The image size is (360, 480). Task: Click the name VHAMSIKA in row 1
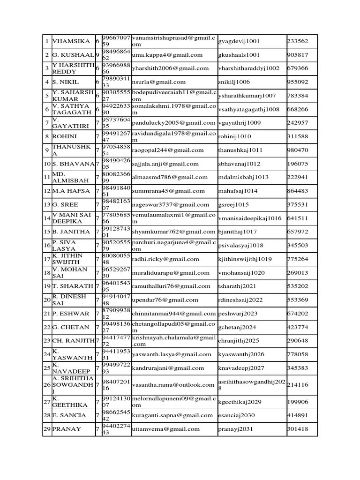pos(70,41)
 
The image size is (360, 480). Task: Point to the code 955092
pos(298,82)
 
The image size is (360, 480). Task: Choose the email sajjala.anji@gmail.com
pos(162,164)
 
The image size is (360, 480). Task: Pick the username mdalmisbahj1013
pos(243,177)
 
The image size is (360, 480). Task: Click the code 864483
pos(298,191)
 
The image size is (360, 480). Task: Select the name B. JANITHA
pos(71,232)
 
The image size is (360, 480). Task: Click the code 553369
pos(298,300)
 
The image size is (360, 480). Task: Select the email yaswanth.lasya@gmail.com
pos(168,354)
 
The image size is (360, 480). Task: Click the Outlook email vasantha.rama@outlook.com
pos(173,385)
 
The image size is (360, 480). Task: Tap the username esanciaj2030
pos(237,415)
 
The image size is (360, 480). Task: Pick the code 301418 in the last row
pos(298,429)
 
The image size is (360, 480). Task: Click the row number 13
pos(47,204)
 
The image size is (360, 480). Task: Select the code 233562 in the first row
pos(298,41)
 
